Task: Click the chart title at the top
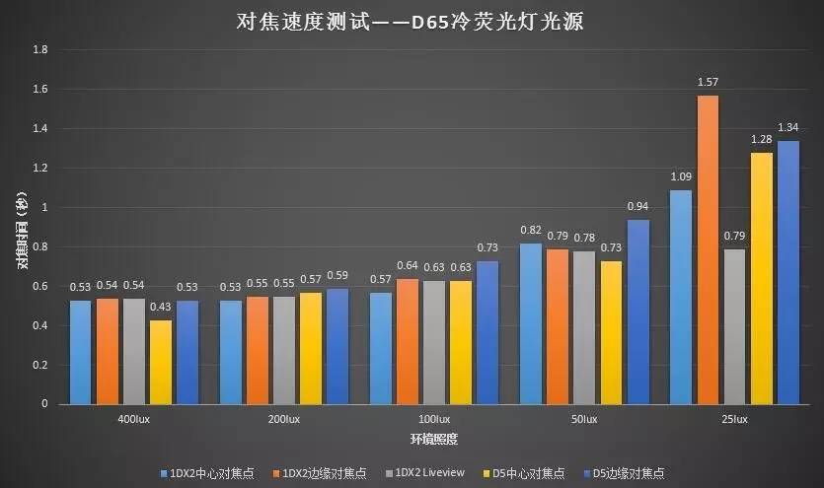(x=412, y=21)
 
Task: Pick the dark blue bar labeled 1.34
(x=787, y=272)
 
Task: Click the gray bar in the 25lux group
(x=734, y=326)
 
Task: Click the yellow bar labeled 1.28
(x=761, y=278)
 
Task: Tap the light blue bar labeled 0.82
(x=531, y=323)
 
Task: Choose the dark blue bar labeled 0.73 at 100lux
(x=487, y=332)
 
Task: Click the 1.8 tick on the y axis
(x=39, y=49)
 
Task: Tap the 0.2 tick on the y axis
(x=39, y=365)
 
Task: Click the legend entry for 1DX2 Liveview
(x=420, y=474)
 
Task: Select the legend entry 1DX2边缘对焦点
(x=318, y=474)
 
